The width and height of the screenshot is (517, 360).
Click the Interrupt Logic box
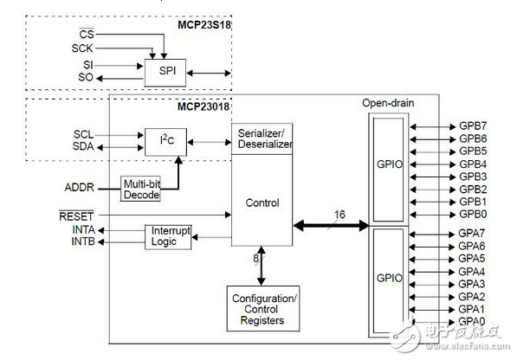point(171,236)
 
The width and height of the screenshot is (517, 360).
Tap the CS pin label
point(86,35)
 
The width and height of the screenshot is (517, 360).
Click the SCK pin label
point(82,48)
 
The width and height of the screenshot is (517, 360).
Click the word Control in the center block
point(262,203)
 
